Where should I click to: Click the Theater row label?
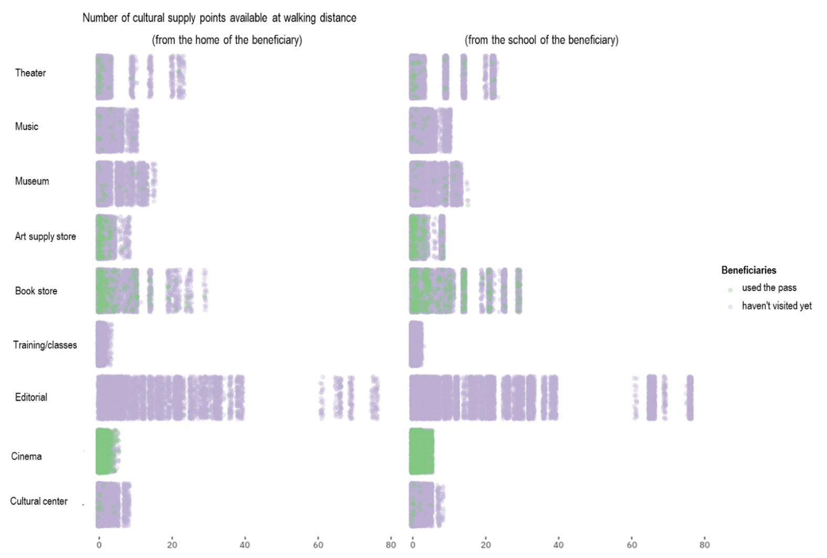coord(30,73)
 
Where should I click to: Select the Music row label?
coord(27,126)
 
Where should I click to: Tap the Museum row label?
coord(32,181)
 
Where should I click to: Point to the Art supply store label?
coord(45,237)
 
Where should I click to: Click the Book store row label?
coord(36,291)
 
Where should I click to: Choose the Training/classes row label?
coord(45,345)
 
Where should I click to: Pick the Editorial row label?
coord(31,397)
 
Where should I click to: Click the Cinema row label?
coord(26,456)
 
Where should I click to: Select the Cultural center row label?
coord(39,501)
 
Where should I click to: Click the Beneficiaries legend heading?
coord(748,270)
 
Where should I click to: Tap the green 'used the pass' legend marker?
coord(730,289)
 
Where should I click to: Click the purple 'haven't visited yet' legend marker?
coord(730,307)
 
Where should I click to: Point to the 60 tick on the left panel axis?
coord(318,545)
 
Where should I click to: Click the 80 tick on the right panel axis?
coord(704,545)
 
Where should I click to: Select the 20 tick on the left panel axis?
coord(172,545)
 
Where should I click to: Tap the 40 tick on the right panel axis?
coord(558,545)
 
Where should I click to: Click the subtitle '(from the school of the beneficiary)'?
coord(541,40)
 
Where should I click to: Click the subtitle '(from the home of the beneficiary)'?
coord(227,40)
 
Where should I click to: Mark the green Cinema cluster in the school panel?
coord(421,452)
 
